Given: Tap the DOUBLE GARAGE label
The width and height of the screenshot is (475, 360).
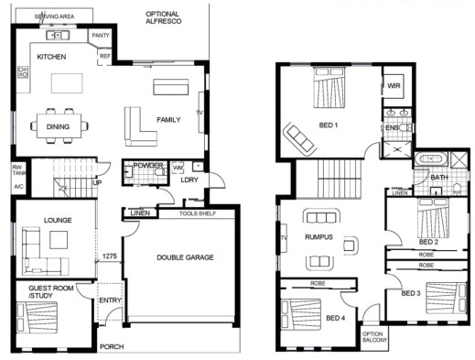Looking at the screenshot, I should coord(184,257).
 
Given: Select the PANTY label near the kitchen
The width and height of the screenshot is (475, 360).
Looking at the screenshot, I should coord(100,37).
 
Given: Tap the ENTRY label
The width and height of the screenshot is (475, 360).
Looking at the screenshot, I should coord(110,300).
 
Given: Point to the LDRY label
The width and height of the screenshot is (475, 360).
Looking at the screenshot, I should coord(189,180).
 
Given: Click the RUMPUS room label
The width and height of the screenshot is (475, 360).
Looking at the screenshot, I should coord(318,237).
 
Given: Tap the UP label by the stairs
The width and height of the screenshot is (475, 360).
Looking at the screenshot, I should coord(98,181).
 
